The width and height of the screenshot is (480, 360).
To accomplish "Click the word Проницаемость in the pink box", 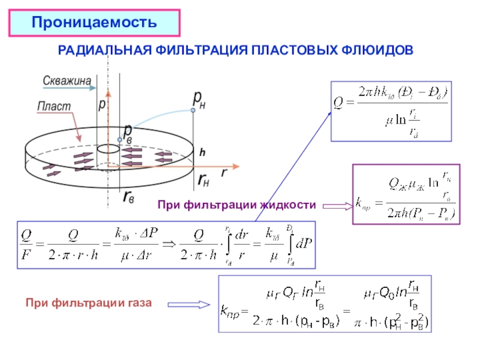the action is tap(94, 23).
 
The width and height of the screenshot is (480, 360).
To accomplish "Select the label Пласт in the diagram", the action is tap(54, 106).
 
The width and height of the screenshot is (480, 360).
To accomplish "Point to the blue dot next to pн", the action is tap(193, 110).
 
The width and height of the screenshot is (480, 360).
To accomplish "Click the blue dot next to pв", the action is tap(120, 140).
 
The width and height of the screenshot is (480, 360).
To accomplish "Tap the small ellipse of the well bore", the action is tap(108, 148).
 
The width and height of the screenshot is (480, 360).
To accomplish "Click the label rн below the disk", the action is tap(203, 177).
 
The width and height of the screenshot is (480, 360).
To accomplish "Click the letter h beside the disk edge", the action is tap(202, 154).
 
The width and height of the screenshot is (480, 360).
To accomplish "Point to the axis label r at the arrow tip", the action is tap(224, 172).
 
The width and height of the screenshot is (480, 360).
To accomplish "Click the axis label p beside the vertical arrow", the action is tap(101, 104).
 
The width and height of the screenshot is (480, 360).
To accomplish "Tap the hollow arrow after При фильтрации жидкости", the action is tap(337, 206).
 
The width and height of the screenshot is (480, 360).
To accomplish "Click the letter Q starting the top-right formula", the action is tap(338, 111).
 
